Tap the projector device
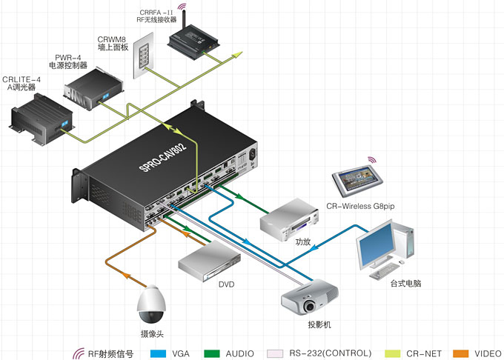point(310,297)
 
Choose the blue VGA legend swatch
point(157,353)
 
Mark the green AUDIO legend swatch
point(213,353)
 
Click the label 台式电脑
point(408,284)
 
